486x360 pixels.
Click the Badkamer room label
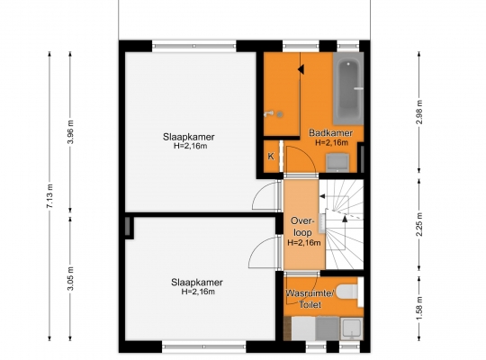pyautogui.click(x=330, y=133)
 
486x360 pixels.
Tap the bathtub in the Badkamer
pyautogui.click(x=348, y=88)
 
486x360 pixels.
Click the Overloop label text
pyautogui.click(x=302, y=227)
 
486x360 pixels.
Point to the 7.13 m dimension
pyautogui.click(x=50, y=196)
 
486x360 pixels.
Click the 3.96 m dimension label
pyautogui.click(x=70, y=131)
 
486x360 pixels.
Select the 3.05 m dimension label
pyautogui.click(x=70, y=278)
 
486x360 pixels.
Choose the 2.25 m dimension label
pyautogui.click(x=419, y=224)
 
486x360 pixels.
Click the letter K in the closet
pyautogui.click(x=271, y=157)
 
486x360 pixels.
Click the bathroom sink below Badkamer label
pyautogui.click(x=337, y=163)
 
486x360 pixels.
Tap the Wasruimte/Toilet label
pyautogui.click(x=310, y=299)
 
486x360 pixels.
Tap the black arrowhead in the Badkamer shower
pyautogui.click(x=301, y=69)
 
